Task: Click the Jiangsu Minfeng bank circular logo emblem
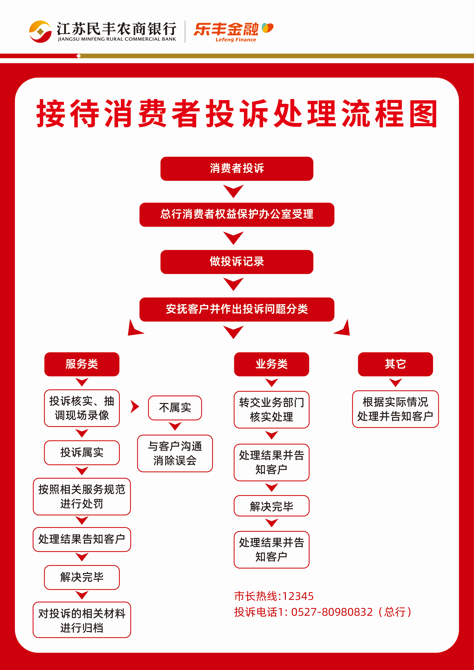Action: coord(40,32)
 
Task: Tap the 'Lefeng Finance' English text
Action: coord(236,40)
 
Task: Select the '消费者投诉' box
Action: coord(237,169)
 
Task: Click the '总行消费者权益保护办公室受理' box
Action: coord(237,214)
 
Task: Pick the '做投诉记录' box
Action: coord(237,262)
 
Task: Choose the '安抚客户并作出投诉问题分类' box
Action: coord(237,309)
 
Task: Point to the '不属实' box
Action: coord(175,408)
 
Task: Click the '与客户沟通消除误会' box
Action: coord(175,453)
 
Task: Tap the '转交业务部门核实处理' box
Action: coord(271,410)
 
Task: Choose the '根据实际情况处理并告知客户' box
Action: coord(395,409)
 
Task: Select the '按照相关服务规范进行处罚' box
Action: coord(82,496)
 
